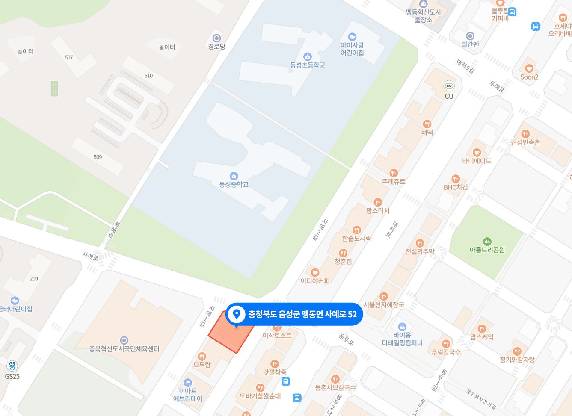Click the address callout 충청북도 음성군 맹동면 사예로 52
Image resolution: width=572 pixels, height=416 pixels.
[294, 314]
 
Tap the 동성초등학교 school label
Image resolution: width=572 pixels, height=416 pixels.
[308, 65]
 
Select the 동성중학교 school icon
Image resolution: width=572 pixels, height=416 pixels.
[234, 176]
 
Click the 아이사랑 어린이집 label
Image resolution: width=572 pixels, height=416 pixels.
[352, 49]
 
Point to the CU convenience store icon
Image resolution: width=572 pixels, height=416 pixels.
[449, 86]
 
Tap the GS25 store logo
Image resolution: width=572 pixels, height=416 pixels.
[12, 366]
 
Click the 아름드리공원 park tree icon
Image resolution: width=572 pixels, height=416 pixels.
[487, 242]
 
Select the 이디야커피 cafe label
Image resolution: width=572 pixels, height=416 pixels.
[315, 281]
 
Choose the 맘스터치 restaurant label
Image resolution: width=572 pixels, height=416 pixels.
[378, 210]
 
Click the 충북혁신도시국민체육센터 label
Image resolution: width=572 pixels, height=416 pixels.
[124, 349]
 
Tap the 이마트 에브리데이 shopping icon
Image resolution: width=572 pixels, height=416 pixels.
[187, 383]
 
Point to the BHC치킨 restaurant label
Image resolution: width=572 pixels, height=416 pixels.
[456, 187]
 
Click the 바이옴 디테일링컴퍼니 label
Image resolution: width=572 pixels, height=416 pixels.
[402, 339]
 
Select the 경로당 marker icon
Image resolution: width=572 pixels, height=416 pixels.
[216, 38]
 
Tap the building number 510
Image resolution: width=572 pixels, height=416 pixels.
[148, 76]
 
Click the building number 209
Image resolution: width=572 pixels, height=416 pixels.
[34, 279]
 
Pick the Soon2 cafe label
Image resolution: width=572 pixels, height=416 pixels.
[529, 77]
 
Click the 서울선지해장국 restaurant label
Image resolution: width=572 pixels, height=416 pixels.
[384, 305]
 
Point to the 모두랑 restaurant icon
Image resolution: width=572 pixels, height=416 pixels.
[202, 357]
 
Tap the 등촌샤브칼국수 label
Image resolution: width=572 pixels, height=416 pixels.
[335, 387]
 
